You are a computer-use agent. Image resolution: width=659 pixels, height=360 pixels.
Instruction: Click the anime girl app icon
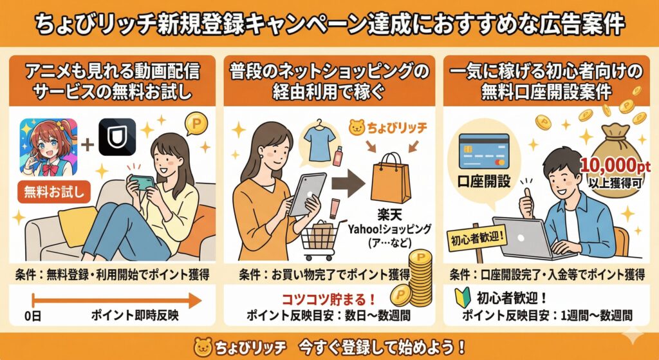pos(49,147)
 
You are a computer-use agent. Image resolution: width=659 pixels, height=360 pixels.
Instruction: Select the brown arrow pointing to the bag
pos(348,187)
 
